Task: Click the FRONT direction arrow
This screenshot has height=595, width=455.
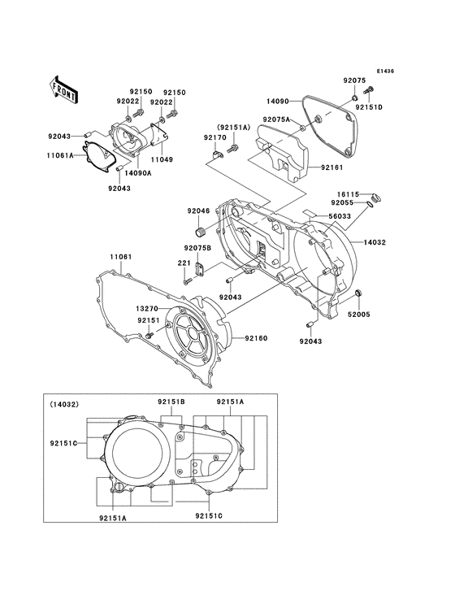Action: [x=63, y=88]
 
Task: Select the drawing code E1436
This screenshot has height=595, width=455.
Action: [x=384, y=72]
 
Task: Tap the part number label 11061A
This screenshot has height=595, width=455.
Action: [x=60, y=154]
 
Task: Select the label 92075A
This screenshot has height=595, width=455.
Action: [x=276, y=119]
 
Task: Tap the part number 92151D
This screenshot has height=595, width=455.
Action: [x=368, y=107]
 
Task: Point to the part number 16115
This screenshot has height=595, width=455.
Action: [x=349, y=195]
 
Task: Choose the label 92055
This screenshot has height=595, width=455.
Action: [x=349, y=205]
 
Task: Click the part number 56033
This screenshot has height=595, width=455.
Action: [x=340, y=217]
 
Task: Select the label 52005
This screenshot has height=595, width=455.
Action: [x=360, y=313]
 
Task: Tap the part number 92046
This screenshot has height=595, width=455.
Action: [x=198, y=211]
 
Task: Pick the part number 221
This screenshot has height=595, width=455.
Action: [x=184, y=263]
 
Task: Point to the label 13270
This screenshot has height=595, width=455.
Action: [x=146, y=310]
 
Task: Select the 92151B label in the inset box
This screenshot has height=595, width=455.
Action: [x=171, y=402]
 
